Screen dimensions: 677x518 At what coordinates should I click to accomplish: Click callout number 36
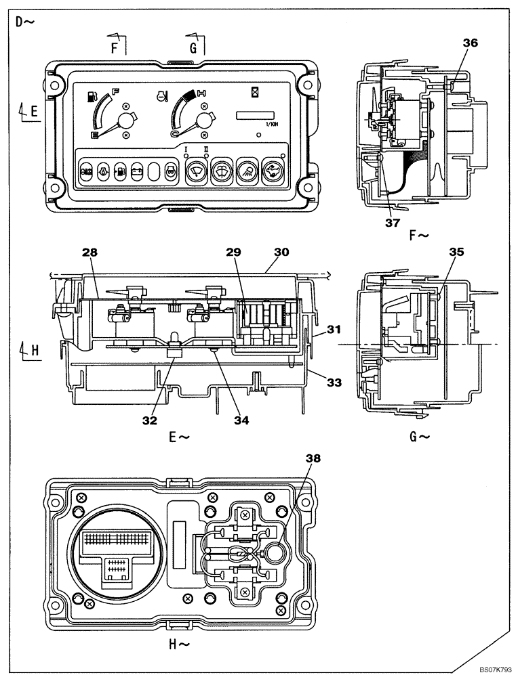point(470,43)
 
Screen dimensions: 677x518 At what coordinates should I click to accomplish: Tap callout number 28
point(90,253)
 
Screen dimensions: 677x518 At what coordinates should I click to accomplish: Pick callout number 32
point(150,420)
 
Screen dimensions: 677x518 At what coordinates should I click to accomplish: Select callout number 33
point(332,383)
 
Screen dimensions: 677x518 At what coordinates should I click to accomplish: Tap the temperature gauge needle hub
point(203,122)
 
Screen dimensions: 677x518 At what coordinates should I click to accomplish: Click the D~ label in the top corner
point(25,21)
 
